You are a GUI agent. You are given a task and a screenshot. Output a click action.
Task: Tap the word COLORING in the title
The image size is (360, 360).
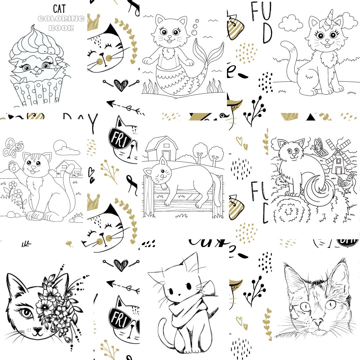pos(61,19)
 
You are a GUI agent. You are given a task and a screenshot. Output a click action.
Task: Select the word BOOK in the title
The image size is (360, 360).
pos(61,28)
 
